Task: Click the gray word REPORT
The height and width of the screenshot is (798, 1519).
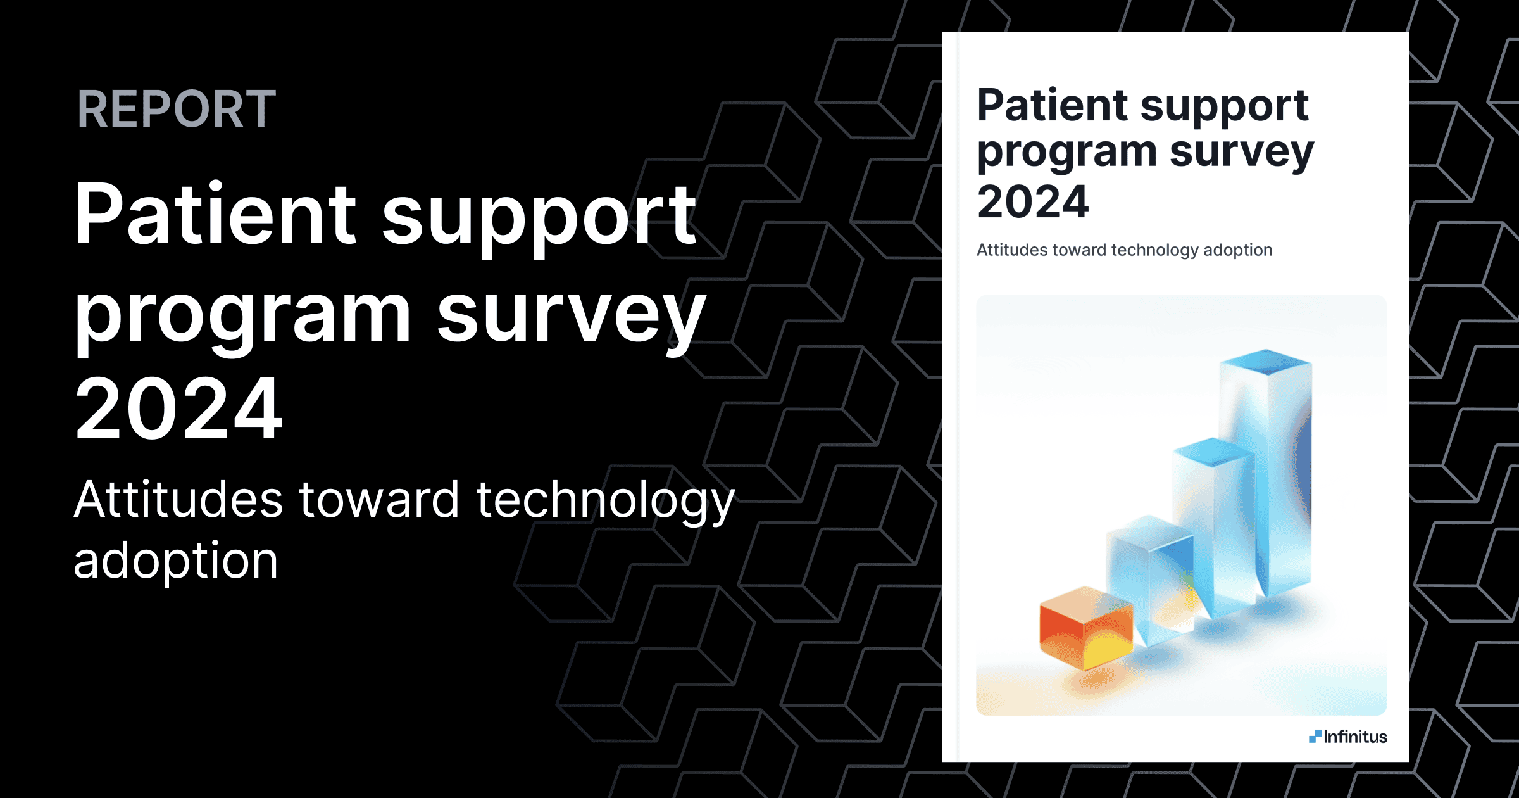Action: click(x=177, y=109)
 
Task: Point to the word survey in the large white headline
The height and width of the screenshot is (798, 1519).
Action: click(x=571, y=317)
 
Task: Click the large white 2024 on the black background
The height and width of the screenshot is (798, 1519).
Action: click(x=178, y=409)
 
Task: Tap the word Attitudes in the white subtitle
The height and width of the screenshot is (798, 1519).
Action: click(x=178, y=500)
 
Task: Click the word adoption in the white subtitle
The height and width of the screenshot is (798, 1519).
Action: click(x=176, y=561)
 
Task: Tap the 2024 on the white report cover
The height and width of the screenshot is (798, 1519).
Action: click(x=1033, y=202)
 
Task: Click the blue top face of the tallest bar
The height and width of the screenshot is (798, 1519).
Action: click(x=1265, y=362)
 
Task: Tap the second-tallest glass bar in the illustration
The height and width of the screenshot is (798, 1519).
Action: click(x=1212, y=526)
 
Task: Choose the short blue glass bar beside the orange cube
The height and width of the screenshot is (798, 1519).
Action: click(x=1149, y=576)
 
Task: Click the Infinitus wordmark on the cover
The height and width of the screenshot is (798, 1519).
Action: click(x=1355, y=737)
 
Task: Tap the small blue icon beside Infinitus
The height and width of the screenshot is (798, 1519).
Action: click(x=1315, y=736)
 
